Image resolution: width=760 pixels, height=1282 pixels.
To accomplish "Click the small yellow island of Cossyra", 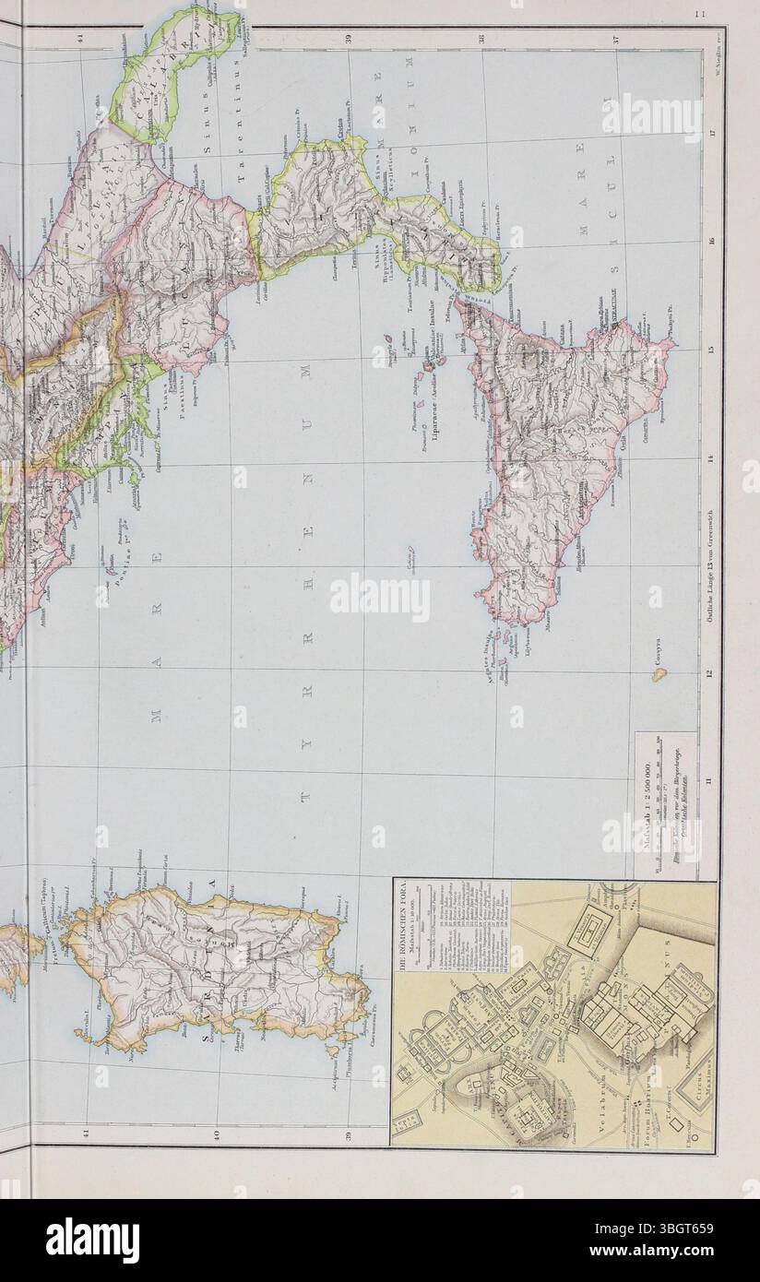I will tap(659, 674).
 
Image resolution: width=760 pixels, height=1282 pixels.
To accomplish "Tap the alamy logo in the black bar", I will tap(93, 1240).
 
